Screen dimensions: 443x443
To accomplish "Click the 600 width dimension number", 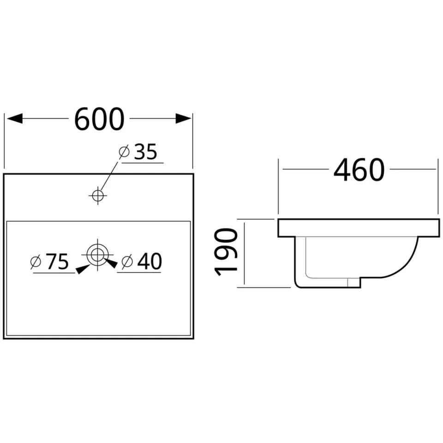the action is tap(99, 119).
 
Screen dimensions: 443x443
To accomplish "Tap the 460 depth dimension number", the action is tap(359, 169).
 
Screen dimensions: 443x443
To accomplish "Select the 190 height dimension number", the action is tap(226, 252).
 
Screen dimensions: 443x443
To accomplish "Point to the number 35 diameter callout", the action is tap(145, 152).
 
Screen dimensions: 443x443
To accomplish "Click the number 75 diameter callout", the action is tap(57, 262).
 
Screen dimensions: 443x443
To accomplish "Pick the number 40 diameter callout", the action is tap(150, 261).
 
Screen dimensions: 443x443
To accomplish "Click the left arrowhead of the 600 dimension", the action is tap(15, 119).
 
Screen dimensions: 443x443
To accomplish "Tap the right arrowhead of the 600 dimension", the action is tap(183, 119).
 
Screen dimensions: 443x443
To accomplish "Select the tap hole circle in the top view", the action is tap(98, 195).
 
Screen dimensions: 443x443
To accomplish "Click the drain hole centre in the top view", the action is tap(97, 255).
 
